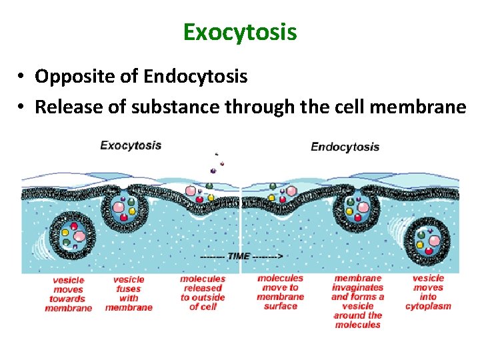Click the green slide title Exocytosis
click(x=240, y=32)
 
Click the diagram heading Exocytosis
click(x=131, y=145)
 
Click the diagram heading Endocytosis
click(x=345, y=147)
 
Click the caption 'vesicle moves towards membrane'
click(x=68, y=294)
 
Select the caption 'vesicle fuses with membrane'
click(x=129, y=293)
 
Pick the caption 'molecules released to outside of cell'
click(x=203, y=293)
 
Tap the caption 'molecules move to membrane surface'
click(x=280, y=292)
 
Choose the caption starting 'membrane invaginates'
click(x=358, y=301)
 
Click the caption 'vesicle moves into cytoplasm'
click(x=428, y=292)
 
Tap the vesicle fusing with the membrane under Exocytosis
click(x=127, y=205)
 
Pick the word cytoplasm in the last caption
click(x=428, y=306)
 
